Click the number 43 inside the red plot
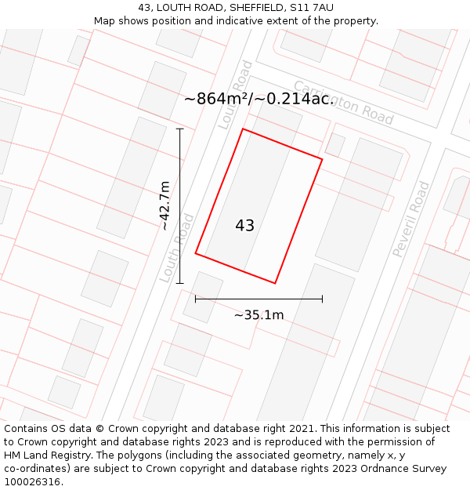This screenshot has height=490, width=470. [244, 226]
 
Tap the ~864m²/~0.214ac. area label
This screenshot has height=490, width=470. [259, 99]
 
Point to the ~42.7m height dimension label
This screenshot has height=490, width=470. [165, 205]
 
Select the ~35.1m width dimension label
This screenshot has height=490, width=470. [258, 315]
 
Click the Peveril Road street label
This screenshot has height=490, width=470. [411, 219]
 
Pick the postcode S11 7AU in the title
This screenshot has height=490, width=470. [311, 8]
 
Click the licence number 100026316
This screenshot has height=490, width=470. [34, 482]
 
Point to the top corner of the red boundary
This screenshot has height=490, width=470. [243, 129]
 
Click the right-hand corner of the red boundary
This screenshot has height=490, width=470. [322, 159]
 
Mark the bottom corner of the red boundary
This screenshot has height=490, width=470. [275, 283]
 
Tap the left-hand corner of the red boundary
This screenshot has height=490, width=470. [196, 253]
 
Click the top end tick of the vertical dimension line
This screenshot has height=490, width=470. [180, 129]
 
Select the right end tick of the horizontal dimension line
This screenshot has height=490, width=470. [322, 299]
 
